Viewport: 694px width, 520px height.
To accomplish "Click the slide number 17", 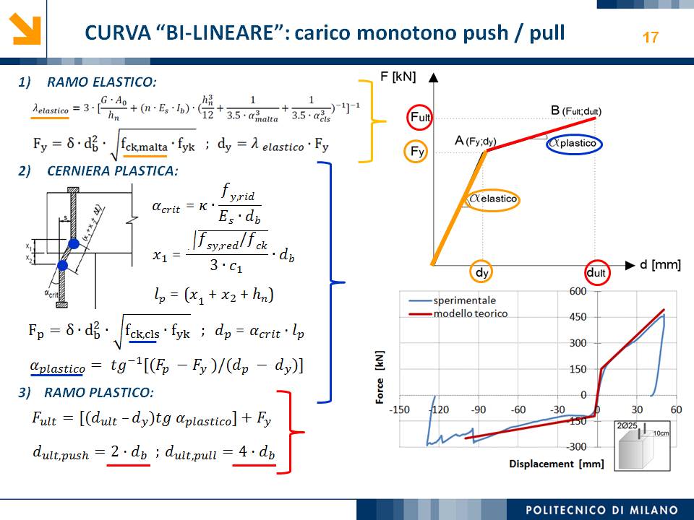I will point(651,37).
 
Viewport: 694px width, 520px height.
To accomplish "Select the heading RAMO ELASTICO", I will point(101,82).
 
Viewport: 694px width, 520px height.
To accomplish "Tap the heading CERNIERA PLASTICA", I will point(112,171).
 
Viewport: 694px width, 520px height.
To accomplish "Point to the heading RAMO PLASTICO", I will point(98,393).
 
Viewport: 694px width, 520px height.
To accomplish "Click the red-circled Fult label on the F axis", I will point(420,117).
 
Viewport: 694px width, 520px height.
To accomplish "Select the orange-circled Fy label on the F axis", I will point(416,152).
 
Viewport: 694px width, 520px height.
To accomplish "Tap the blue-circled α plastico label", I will point(574,143).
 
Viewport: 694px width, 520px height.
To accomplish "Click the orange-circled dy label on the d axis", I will point(483,272).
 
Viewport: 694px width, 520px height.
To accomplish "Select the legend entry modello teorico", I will point(471,313).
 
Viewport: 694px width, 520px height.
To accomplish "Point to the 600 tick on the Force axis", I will point(578,291).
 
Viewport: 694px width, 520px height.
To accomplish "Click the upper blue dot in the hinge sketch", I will point(74,244).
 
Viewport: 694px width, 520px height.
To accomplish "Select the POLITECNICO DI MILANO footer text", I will point(601,510).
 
